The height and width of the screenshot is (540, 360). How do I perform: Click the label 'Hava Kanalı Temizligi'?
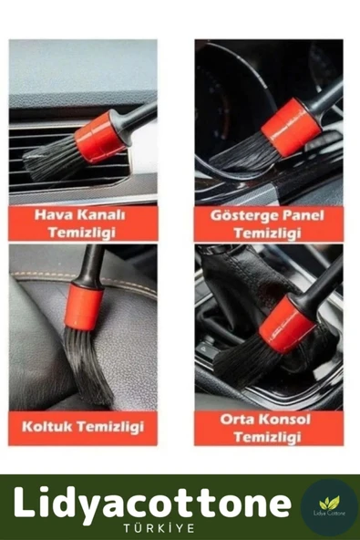pyautogui.click(x=81, y=223)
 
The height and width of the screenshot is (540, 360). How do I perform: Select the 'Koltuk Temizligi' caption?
pyautogui.click(x=82, y=425)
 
